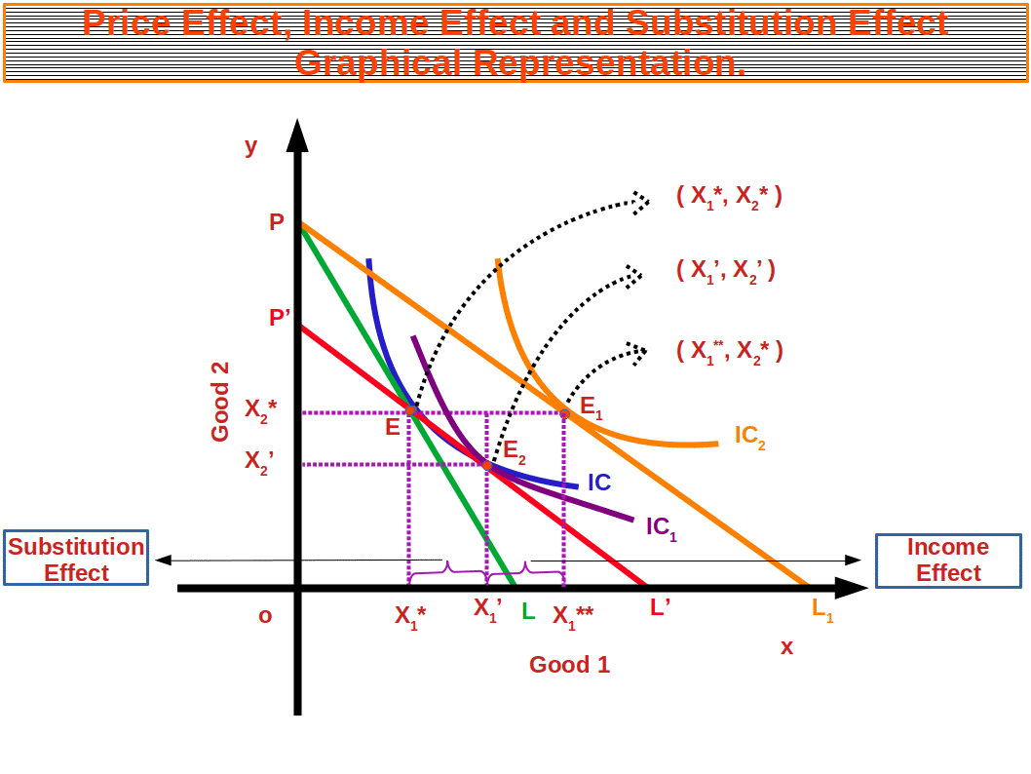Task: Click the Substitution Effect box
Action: pyautogui.click(x=76, y=559)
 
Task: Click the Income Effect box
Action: pyautogui.click(x=948, y=560)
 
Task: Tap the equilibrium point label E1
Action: pyautogui.click(x=591, y=407)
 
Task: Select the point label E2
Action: pyautogui.click(x=514, y=452)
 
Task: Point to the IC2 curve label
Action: pyautogui.click(x=749, y=436)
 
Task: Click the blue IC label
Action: pyautogui.click(x=598, y=483)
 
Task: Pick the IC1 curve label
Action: pyautogui.click(x=661, y=527)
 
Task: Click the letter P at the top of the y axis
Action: pyautogui.click(x=277, y=222)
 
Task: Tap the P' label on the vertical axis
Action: pyautogui.click(x=279, y=318)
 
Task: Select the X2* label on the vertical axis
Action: pyautogui.click(x=260, y=409)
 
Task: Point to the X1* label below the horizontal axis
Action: pyautogui.click(x=410, y=616)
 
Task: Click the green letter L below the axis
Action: pyautogui.click(x=527, y=612)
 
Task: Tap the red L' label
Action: pyautogui.click(x=660, y=607)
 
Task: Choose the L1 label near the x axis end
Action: pyautogui.click(x=821, y=609)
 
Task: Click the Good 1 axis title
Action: pyautogui.click(x=570, y=665)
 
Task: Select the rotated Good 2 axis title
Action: pyautogui.click(x=220, y=402)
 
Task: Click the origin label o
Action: pyautogui.click(x=265, y=616)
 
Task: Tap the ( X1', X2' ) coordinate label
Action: pyautogui.click(x=725, y=270)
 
